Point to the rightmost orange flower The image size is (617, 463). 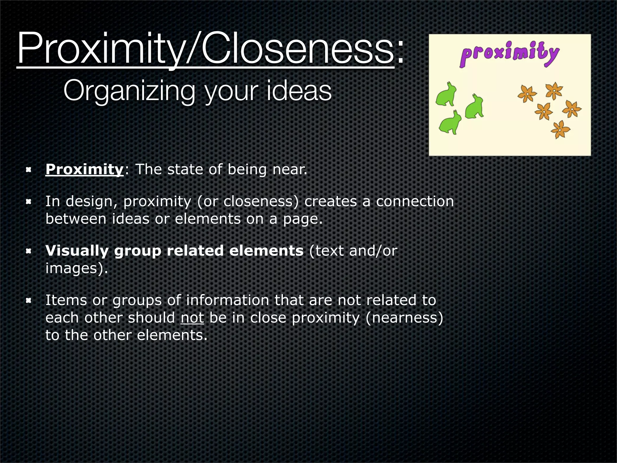[x=572, y=109]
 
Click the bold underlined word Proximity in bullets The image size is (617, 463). [x=84, y=169]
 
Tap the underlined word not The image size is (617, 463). [x=192, y=318]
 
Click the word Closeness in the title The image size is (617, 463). [x=297, y=48]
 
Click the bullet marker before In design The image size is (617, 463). [x=29, y=202]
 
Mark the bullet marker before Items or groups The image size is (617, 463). [x=29, y=301]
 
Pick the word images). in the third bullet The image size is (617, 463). [x=77, y=268]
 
